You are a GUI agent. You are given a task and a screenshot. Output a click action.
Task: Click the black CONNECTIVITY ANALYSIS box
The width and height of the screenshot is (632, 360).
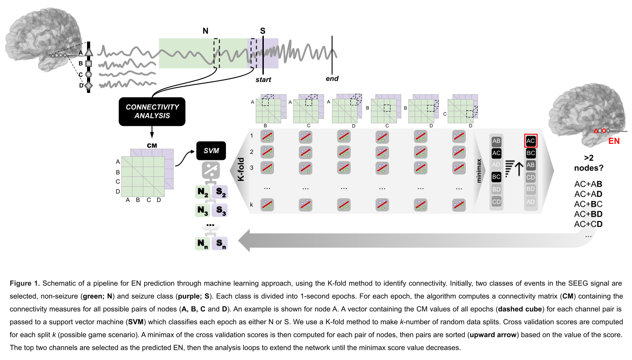pos(152,111)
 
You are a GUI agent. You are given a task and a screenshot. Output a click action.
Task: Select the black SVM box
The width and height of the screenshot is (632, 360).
pos(211,151)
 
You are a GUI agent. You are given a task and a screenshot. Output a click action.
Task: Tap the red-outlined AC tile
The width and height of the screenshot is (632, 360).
pos(531,141)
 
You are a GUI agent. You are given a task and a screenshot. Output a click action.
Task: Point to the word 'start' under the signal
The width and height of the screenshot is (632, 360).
pos(263,80)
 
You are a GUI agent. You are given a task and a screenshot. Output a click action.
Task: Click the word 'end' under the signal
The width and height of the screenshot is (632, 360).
pos(332,79)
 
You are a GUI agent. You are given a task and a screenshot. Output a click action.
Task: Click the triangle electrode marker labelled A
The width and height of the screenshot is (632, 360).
pos(88,53)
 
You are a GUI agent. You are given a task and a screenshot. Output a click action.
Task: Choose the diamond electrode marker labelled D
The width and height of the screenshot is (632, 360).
pos(88,85)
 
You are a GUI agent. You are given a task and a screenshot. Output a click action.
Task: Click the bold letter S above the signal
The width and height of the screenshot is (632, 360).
pos(262,31)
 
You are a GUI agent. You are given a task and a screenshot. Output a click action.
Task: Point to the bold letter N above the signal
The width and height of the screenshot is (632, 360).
pos(205,31)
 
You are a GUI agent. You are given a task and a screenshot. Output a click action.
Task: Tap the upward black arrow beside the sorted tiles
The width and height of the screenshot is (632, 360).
pos(519,169)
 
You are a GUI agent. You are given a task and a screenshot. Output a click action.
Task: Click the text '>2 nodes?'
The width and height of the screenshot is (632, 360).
pos(588,163)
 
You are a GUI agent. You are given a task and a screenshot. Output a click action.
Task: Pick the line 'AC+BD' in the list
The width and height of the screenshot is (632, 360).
pos(588,213)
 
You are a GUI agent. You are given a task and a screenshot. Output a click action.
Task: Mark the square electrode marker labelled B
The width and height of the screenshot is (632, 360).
pos(88,63)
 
